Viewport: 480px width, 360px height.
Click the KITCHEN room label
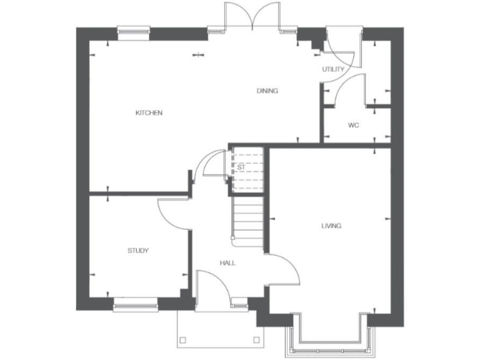(149, 113)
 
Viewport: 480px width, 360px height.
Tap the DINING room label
(267, 91)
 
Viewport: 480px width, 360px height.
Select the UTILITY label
(333, 69)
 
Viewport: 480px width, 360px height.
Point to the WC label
(354, 126)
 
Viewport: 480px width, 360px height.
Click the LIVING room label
(331, 226)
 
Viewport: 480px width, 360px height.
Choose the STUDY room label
(138, 251)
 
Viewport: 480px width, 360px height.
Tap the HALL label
(227, 263)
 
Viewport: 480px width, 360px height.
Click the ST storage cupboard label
(241, 167)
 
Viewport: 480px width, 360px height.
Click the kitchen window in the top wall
(134, 29)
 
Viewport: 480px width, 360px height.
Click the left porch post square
(183, 340)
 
